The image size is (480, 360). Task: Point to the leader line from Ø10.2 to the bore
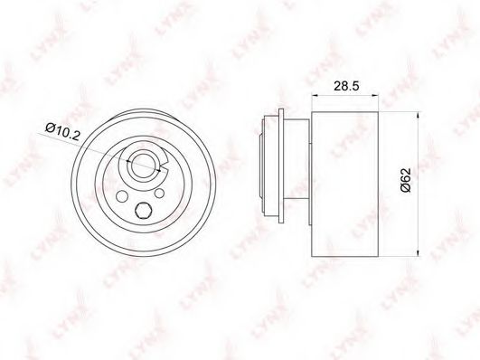click(99, 148)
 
